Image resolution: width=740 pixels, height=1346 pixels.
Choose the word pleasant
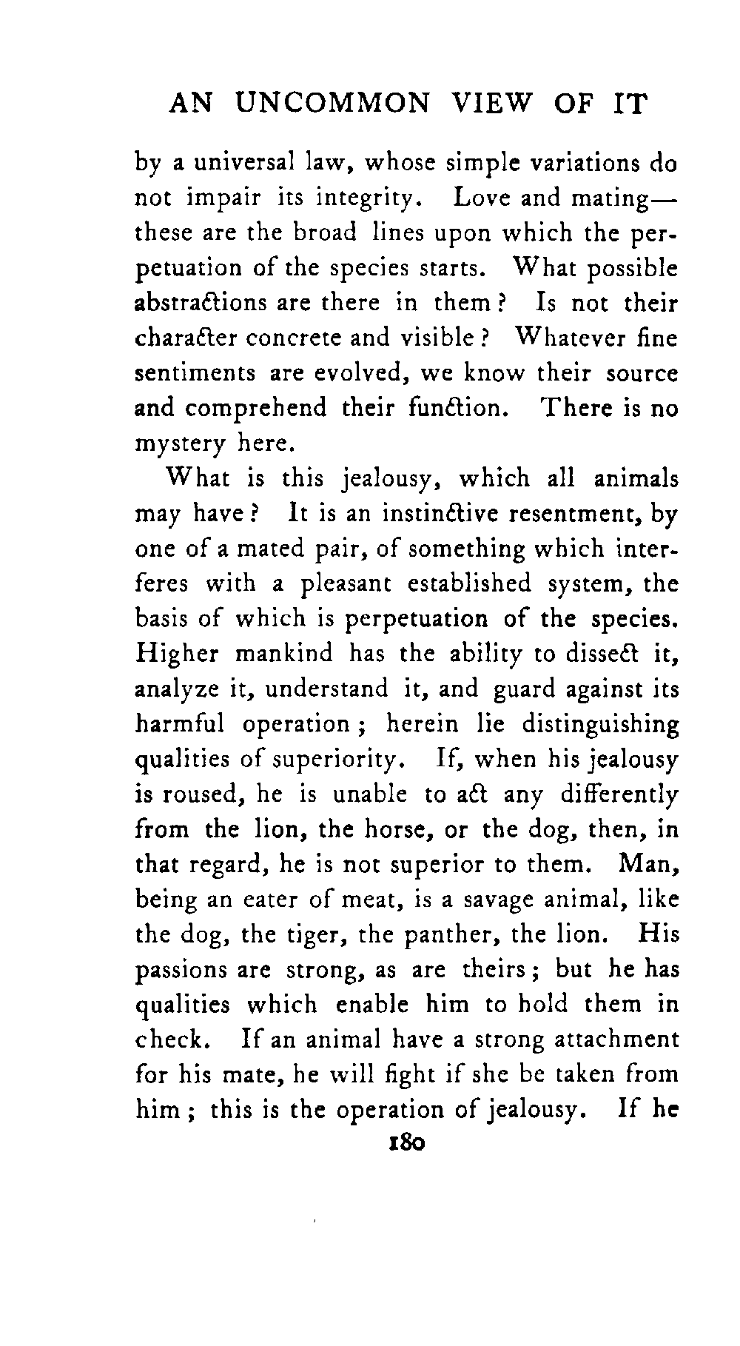click(x=345, y=583)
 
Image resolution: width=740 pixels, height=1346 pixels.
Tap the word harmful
click(x=180, y=723)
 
